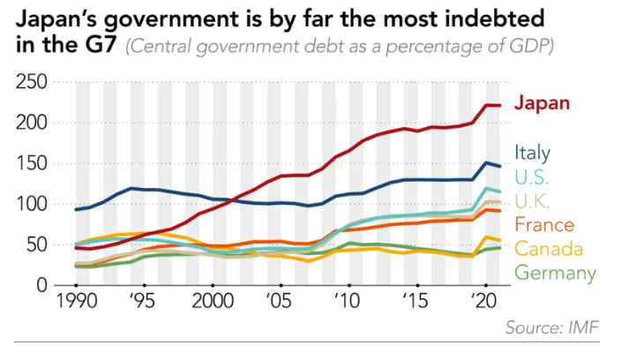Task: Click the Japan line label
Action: pyautogui.click(x=542, y=103)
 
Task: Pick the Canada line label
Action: pyautogui.click(x=547, y=248)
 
